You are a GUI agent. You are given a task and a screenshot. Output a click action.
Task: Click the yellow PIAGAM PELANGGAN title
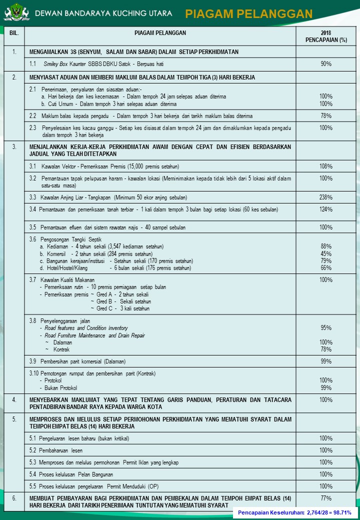point(248,13)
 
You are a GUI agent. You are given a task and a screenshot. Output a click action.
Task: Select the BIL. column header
point(14,33)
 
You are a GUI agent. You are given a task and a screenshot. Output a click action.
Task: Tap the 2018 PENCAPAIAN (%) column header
point(326,36)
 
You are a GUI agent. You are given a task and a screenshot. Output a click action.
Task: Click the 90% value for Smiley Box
point(326,64)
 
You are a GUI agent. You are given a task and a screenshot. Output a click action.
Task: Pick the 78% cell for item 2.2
point(326,116)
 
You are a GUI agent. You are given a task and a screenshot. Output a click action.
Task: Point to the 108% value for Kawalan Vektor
point(326,166)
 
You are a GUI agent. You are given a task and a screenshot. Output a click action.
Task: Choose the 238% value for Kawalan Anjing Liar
point(326,197)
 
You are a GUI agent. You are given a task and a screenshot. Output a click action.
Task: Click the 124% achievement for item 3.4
point(326,209)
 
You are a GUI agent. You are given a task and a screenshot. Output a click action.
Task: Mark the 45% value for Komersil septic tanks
point(326,253)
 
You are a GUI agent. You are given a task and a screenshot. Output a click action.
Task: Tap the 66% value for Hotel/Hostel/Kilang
point(326,268)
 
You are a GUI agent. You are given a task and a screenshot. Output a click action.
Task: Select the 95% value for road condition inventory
point(326,328)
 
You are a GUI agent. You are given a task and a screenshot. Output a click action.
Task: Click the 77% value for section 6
point(326,498)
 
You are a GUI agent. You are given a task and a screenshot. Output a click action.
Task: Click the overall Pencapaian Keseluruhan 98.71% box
point(294,512)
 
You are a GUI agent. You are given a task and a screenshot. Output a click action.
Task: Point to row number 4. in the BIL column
point(14,400)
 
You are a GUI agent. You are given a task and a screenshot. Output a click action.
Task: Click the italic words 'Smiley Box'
point(55,64)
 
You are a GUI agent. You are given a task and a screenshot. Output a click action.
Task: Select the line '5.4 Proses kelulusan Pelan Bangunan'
point(71,474)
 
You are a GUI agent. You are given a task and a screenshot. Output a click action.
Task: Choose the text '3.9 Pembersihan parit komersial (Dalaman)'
point(77,361)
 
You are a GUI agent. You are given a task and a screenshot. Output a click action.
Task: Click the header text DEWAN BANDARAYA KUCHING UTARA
point(103,13)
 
